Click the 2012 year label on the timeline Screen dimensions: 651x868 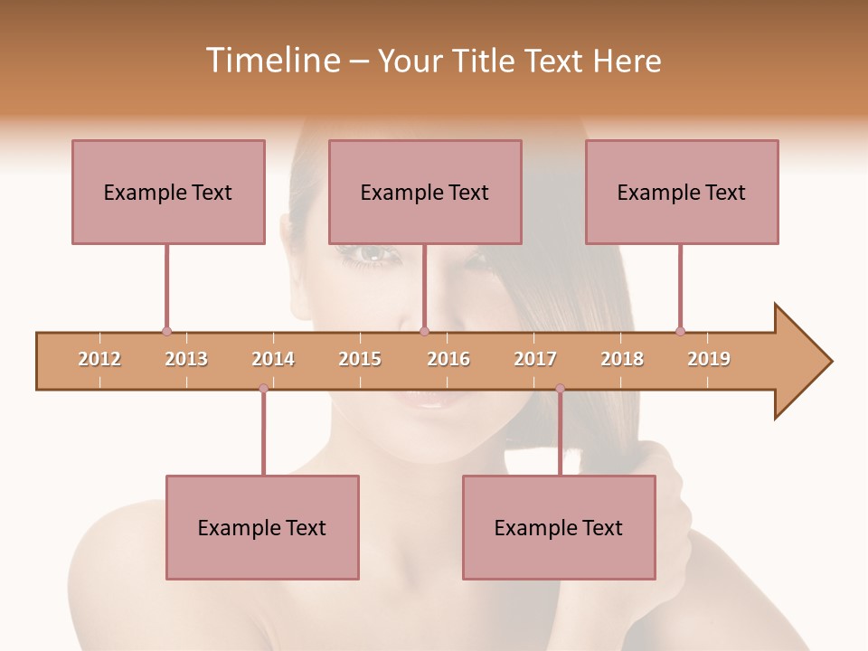click(99, 359)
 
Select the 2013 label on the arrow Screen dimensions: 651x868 click(186, 359)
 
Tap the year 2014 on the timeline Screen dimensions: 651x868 click(273, 359)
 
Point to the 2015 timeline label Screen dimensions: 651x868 click(360, 359)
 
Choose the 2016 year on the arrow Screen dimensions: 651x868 click(448, 359)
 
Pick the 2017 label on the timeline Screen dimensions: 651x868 click(535, 359)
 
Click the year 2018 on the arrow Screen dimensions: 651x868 click(622, 359)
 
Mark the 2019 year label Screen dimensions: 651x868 click(709, 359)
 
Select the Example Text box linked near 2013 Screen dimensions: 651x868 click(168, 192)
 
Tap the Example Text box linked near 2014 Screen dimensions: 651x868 click(262, 527)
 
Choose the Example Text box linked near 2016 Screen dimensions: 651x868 click(425, 192)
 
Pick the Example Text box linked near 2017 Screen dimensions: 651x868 click(559, 527)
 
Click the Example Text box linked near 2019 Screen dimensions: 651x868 click(682, 192)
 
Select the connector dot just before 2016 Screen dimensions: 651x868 click(425, 332)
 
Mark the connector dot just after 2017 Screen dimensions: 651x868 click(560, 389)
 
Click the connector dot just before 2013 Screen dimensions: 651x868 click(166, 332)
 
